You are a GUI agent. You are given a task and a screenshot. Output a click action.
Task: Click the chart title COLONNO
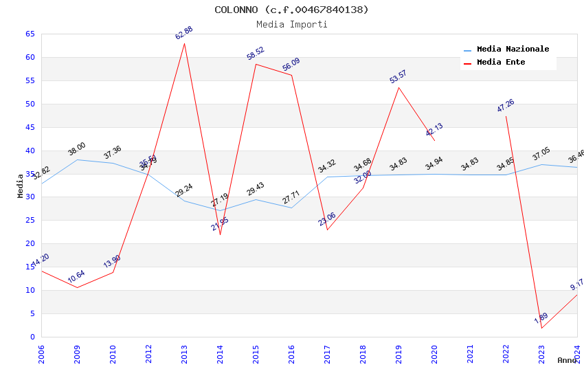point(291,10)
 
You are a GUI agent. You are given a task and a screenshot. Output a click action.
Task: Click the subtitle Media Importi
point(291,24)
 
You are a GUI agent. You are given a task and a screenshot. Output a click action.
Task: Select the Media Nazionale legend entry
point(513,49)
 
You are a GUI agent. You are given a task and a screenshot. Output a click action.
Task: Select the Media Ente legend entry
point(501,62)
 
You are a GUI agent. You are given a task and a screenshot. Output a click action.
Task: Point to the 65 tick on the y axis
point(30,34)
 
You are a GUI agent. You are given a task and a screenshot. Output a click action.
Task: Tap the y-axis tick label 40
point(30,151)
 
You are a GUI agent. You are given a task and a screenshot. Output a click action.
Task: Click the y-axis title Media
point(21,186)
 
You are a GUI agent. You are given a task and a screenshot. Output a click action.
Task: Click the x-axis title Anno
point(567,360)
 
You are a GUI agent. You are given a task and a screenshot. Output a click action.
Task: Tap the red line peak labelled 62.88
point(184,43)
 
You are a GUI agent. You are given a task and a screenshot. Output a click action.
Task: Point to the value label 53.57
point(398,76)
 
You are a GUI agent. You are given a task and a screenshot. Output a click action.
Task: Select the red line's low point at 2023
point(541,328)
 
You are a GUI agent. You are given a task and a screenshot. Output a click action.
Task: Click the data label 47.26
point(505,106)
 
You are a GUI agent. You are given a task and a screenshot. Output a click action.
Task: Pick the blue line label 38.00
point(76,148)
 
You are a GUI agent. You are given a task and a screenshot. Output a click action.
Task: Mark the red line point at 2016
point(291,75)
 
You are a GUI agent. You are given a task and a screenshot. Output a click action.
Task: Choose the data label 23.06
point(326,219)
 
